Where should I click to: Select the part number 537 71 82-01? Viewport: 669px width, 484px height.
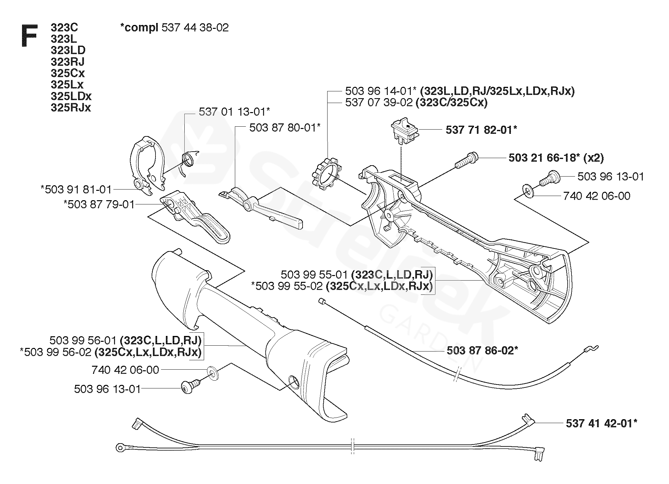480,130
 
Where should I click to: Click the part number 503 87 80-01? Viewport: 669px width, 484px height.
284,127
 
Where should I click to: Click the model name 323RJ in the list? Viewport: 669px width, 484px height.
67,62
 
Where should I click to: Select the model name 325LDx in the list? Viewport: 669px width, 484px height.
71,96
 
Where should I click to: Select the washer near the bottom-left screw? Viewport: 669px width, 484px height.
213,373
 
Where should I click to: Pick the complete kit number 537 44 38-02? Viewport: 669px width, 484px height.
195,28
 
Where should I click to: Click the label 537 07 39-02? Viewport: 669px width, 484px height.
379,103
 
